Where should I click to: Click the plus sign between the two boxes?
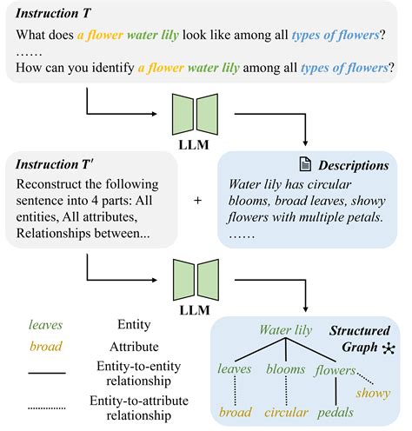(197, 199)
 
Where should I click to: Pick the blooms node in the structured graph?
(285, 369)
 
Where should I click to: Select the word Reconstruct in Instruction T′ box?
(53, 183)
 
